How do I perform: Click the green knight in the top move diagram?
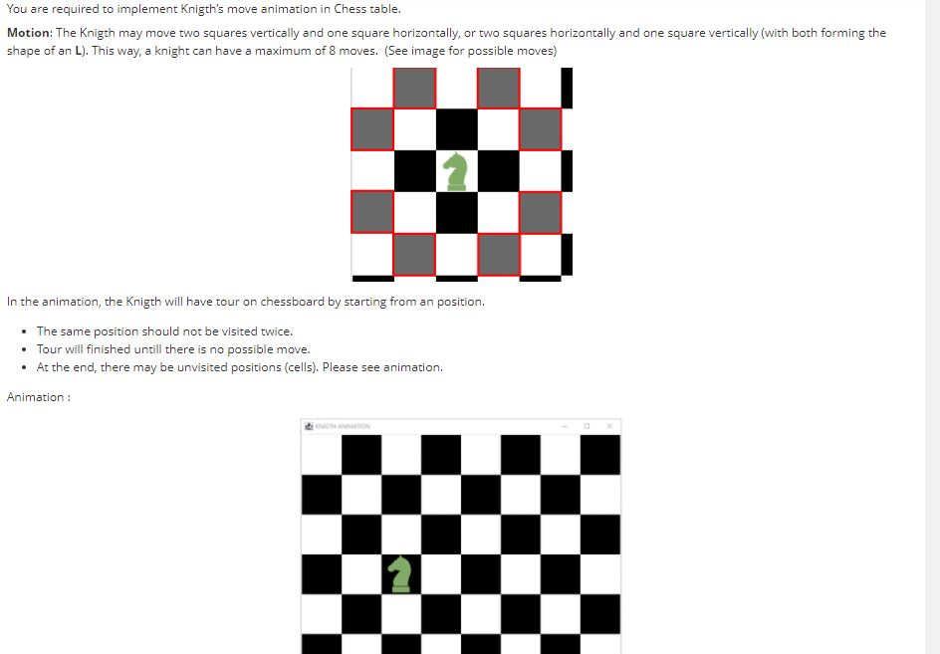point(456,170)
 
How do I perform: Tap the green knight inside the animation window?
point(400,573)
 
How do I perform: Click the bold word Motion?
point(29,33)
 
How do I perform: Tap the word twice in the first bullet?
point(276,331)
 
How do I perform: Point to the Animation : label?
point(38,397)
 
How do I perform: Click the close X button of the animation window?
point(609,426)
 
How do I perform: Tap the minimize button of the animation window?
point(564,426)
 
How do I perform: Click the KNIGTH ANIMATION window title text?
point(342,426)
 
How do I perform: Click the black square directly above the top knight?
point(456,128)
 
